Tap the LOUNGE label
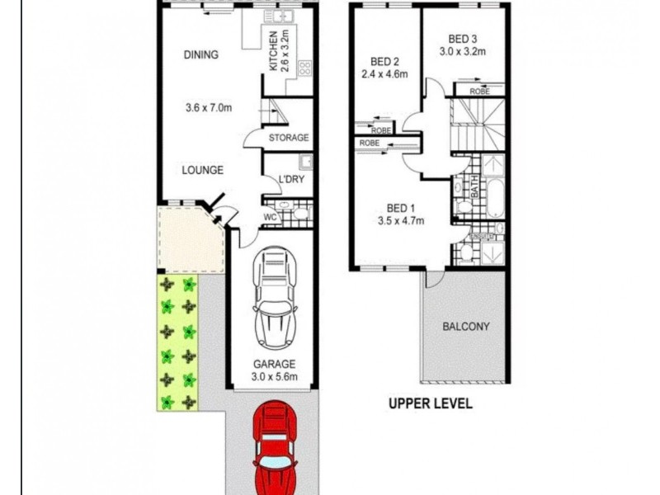pos(203,171)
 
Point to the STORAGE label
pos(289,138)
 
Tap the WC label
pos(269,218)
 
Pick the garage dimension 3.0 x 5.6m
pos(273,378)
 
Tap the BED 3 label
pos(463,38)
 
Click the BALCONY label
pos(466,326)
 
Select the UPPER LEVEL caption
pos(430,404)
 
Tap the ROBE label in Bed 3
pos(478,92)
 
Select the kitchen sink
pos(284,16)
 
